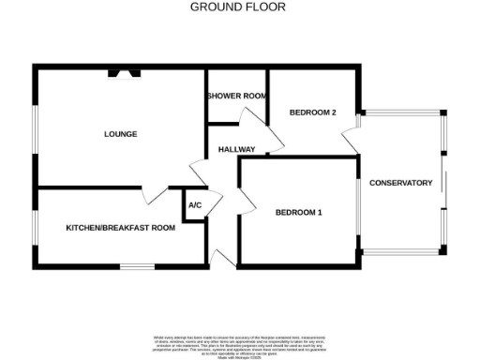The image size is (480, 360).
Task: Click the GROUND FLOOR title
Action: pos(238,7)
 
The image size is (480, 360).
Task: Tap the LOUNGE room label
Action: pos(120,134)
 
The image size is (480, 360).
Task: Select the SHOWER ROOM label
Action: pos(236,96)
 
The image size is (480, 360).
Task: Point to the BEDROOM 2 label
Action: pos(312,112)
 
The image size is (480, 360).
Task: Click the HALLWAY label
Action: pos(237,150)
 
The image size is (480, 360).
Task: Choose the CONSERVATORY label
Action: pos(400,183)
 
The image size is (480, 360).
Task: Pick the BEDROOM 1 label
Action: pos(298,213)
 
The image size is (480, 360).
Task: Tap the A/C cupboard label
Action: pos(195,205)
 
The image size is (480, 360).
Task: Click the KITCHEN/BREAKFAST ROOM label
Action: pos(120,228)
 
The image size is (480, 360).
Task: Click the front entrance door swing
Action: pos(223,257)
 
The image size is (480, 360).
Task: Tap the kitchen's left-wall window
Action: pos(35,227)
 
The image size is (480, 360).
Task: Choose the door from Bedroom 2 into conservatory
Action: pos(351,141)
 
